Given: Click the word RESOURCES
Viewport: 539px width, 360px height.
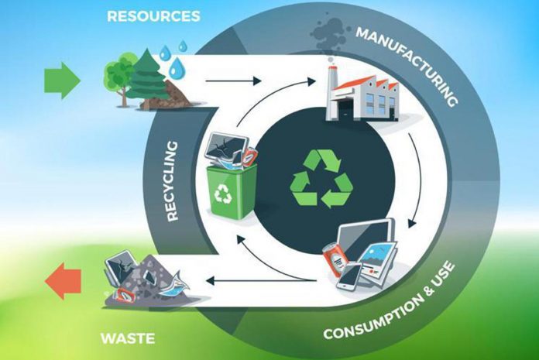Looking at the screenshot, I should tap(153, 15).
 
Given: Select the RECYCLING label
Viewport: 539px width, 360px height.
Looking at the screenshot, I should tap(172, 180).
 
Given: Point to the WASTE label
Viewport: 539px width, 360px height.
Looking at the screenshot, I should tap(127, 338).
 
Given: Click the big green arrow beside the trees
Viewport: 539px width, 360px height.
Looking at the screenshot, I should tap(62, 79).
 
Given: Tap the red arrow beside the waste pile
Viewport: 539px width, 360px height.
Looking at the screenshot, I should tap(64, 281).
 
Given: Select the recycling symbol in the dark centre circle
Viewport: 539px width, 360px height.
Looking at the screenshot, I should tap(321, 179).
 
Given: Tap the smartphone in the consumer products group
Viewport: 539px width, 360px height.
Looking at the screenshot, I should tap(350, 276).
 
